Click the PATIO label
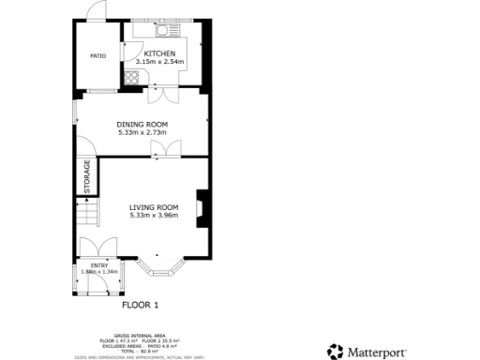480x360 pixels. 97,56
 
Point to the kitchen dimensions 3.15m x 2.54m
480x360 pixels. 159,62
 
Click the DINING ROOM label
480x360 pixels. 142,125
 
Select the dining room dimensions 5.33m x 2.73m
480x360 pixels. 142,132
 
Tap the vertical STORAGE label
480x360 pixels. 87,177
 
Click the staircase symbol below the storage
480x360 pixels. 86,217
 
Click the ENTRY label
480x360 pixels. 98,265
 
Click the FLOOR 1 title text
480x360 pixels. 141,305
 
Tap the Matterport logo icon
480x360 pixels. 335,352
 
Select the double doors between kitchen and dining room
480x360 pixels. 159,94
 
